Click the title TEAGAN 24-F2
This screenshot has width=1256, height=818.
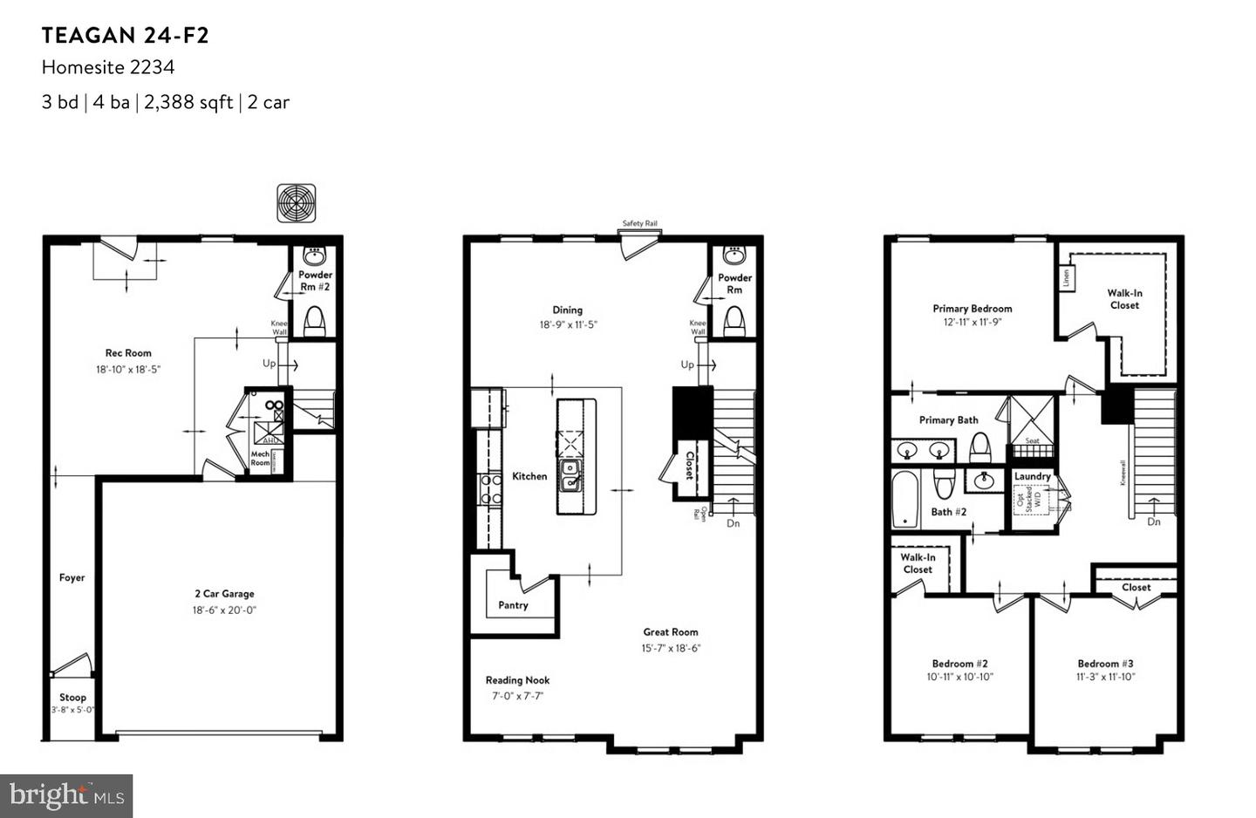[126, 36]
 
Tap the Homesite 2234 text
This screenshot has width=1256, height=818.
[108, 67]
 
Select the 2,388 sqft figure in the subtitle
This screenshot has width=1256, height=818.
[188, 102]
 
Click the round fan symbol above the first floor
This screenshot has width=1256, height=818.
[297, 203]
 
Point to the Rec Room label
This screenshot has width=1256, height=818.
[128, 353]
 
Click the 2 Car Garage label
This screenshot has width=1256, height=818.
[224, 594]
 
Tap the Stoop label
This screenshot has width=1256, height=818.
[72, 698]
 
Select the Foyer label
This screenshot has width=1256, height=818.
[72, 577]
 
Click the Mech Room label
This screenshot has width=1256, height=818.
[260, 459]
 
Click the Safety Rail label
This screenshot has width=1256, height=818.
[639, 223]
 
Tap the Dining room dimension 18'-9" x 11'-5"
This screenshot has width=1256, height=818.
[568, 324]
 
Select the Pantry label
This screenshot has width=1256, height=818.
[513, 605]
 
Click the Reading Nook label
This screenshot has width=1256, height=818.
[517, 680]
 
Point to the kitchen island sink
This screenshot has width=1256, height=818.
[571, 475]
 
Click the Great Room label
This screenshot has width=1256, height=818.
[671, 632]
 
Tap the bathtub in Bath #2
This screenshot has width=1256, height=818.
[904, 500]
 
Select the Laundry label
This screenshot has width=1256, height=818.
[1033, 476]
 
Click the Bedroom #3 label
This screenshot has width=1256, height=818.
[1105, 664]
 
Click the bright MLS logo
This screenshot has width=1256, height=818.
[66, 795]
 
